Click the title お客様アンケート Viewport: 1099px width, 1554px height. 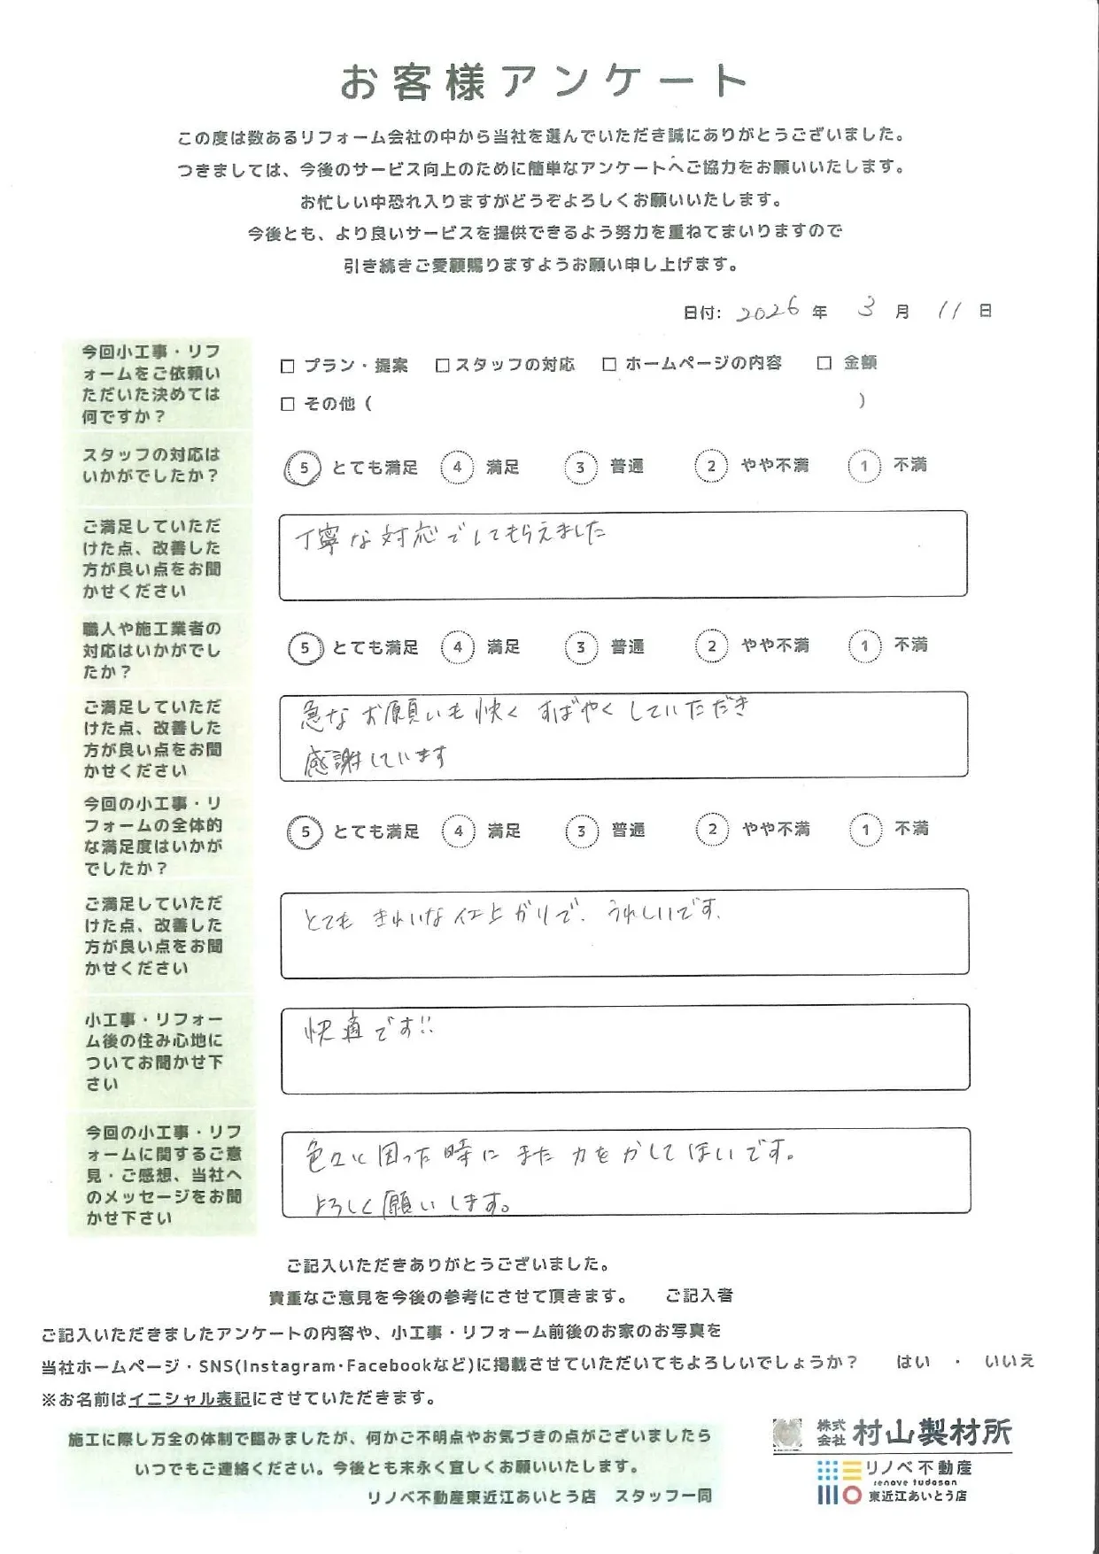(544, 82)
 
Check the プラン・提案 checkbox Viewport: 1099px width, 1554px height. (287, 366)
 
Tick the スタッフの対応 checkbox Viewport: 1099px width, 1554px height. (443, 365)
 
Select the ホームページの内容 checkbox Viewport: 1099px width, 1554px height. (609, 364)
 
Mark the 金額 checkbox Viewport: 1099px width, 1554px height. (824, 363)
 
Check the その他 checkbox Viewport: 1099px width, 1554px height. (287, 404)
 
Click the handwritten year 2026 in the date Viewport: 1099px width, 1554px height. (768, 310)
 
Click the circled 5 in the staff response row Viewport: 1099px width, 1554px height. (304, 468)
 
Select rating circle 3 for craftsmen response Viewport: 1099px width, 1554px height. (580, 647)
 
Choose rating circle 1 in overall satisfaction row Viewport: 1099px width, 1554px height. (865, 830)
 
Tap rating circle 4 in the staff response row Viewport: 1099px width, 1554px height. (457, 467)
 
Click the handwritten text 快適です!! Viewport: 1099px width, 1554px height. (368, 1030)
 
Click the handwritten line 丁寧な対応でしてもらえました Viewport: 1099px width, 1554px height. (451, 536)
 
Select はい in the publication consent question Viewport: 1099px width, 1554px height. (913, 1362)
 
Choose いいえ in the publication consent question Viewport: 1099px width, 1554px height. (1009, 1362)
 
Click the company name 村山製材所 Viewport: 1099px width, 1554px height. (931, 1433)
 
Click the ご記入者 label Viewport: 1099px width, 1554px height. (699, 1295)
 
